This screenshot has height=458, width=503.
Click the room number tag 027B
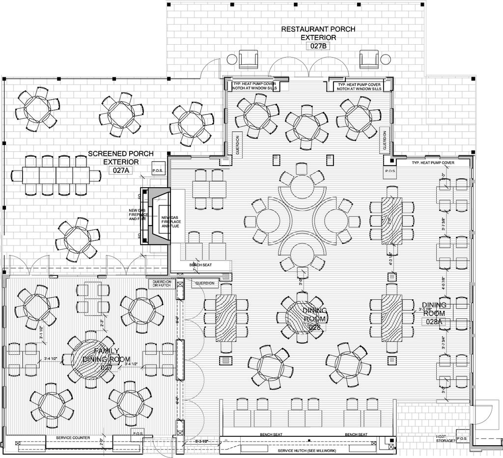click(x=318, y=46)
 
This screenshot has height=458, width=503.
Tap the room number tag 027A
click(x=121, y=171)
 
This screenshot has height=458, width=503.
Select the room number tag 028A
click(x=434, y=322)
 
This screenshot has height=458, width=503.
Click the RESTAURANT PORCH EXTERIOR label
click(x=318, y=33)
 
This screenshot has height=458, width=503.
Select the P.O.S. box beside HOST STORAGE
click(x=462, y=438)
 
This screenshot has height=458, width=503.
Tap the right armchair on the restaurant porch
click(x=369, y=59)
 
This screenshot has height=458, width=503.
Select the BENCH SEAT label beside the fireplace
click(x=201, y=265)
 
